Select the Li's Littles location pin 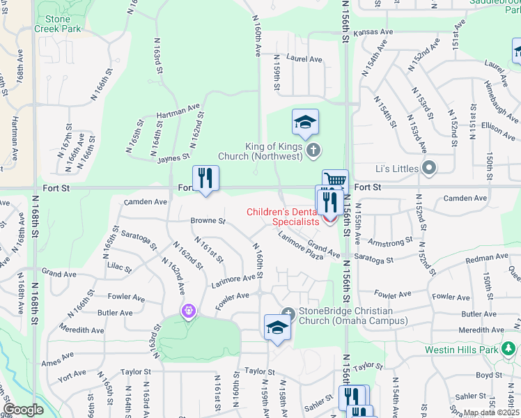(429, 168)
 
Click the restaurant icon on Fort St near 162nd (206, 178)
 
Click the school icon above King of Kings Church (305, 123)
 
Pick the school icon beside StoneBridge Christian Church (277, 327)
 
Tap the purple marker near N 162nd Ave (188, 311)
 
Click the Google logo (23, 410)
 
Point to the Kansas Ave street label (373, 33)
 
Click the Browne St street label (208, 222)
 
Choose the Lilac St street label (120, 266)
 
